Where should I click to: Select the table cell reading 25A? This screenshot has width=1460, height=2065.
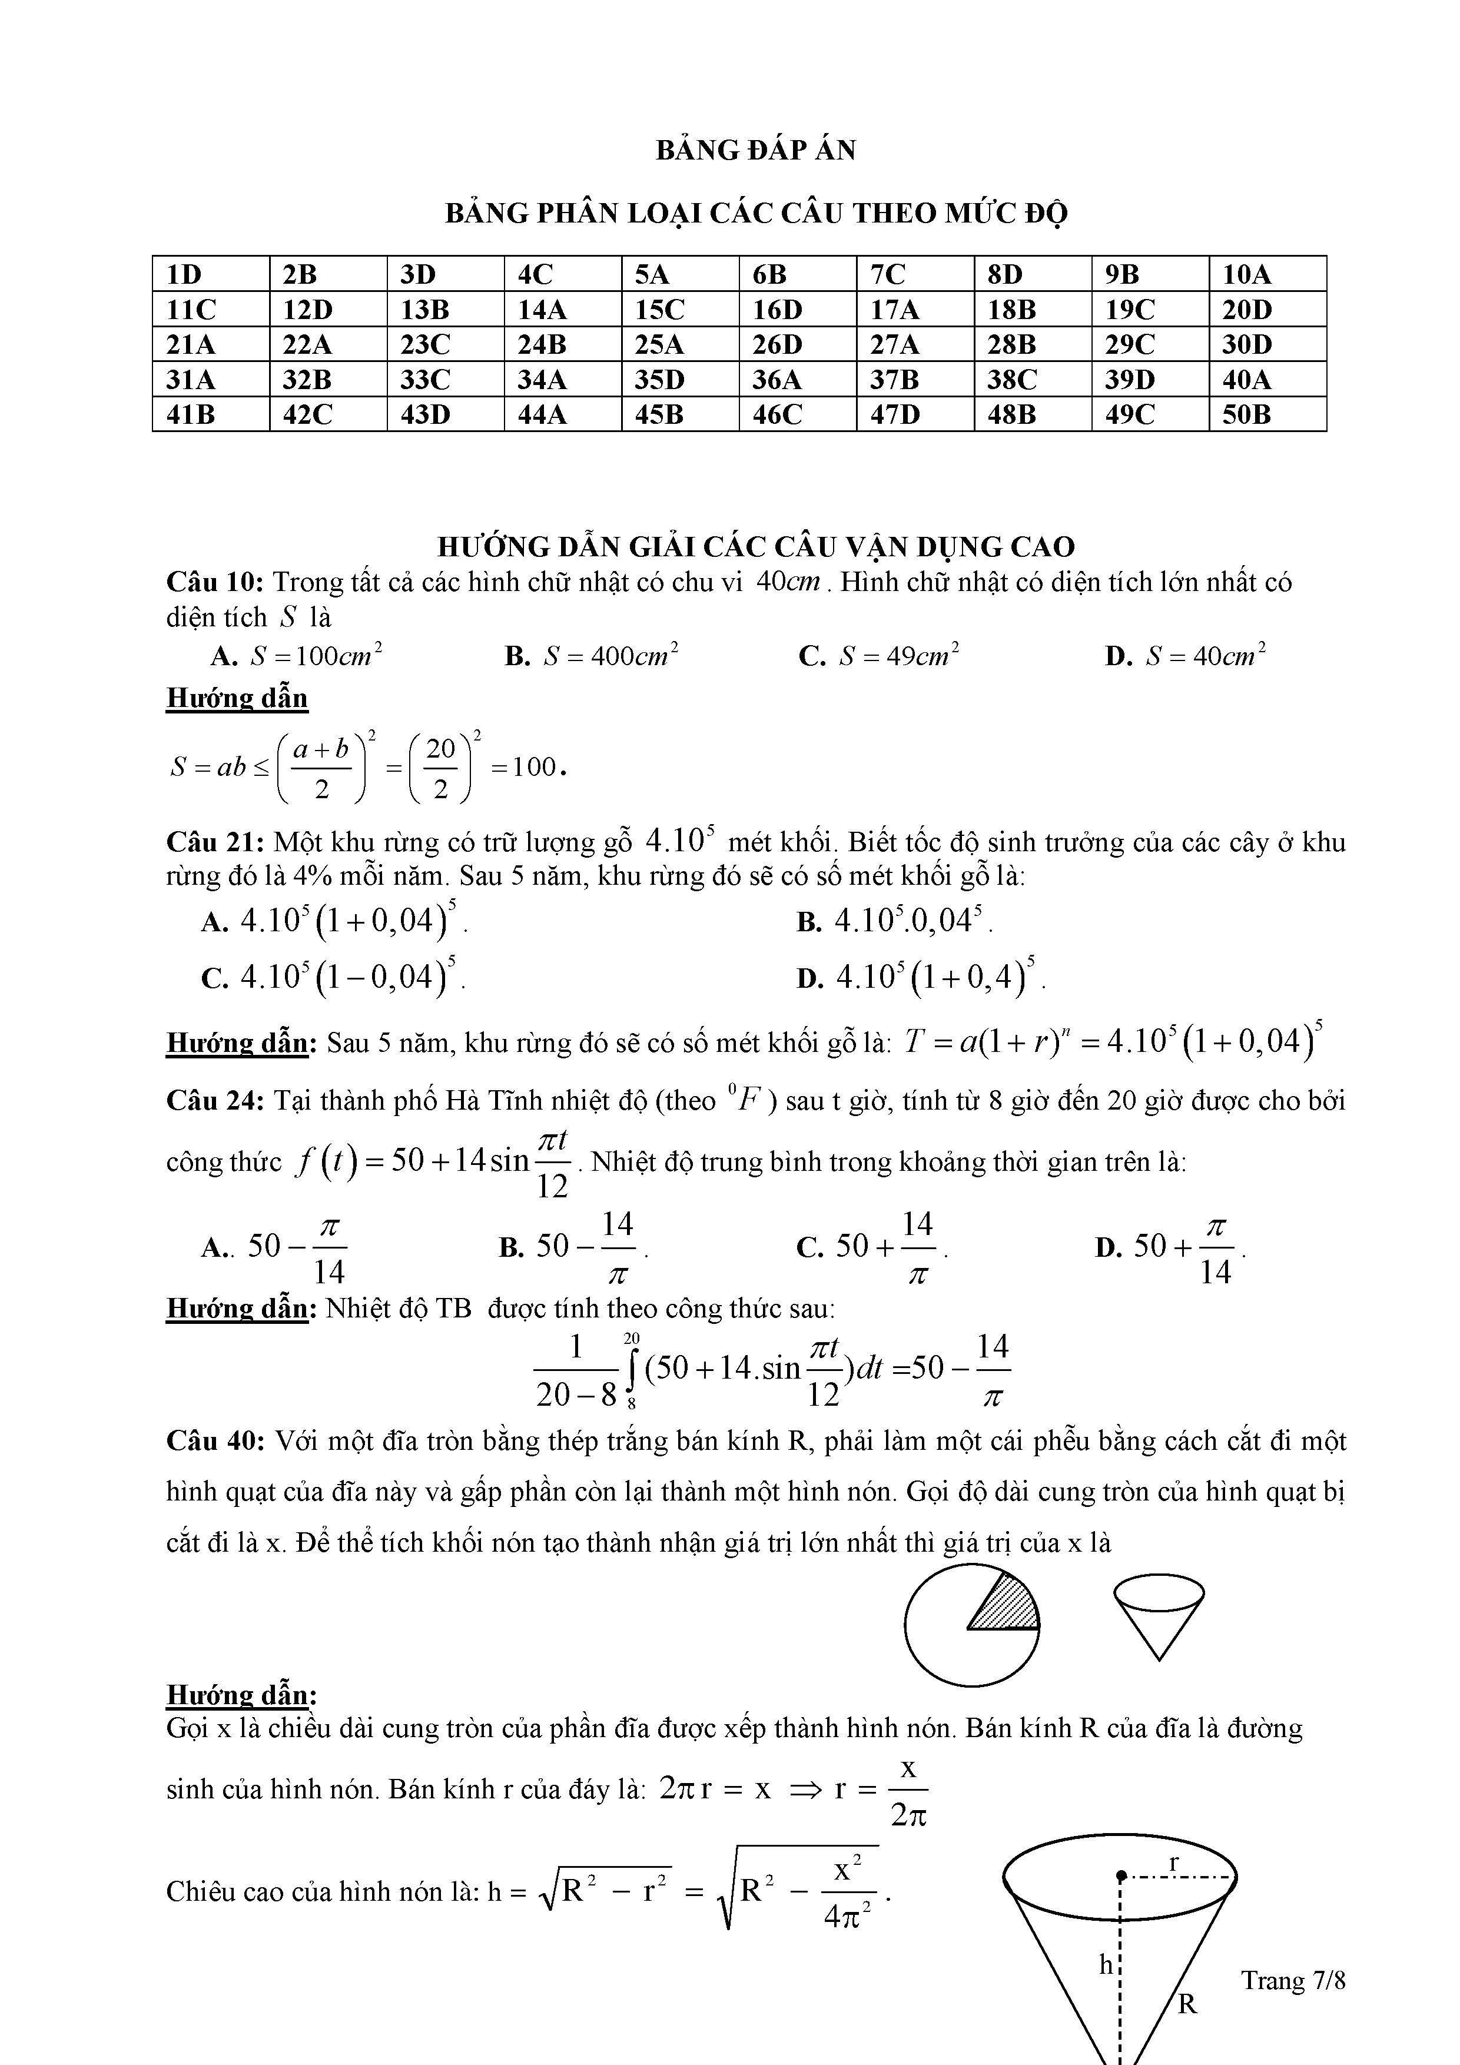click(x=659, y=344)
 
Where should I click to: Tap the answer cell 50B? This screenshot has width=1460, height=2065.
click(x=1246, y=414)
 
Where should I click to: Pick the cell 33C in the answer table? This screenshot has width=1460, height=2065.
click(x=424, y=380)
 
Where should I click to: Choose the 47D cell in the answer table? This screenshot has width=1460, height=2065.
click(x=894, y=414)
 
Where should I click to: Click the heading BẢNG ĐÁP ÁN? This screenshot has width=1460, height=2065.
click(x=756, y=150)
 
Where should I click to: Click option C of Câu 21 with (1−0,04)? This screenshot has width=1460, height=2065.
click(x=334, y=976)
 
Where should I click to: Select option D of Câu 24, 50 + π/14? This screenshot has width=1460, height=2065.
click(x=1169, y=1247)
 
